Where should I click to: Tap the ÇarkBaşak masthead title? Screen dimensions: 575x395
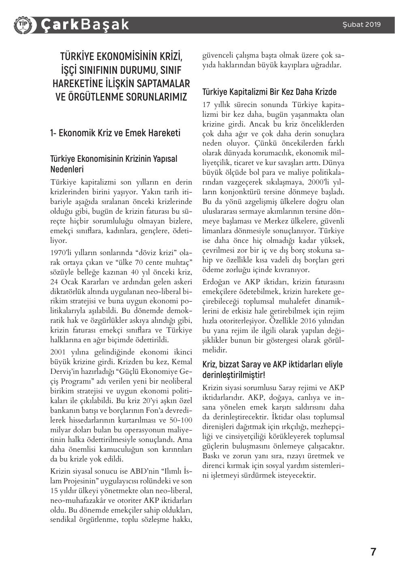85,25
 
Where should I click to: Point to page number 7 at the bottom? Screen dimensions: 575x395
373,552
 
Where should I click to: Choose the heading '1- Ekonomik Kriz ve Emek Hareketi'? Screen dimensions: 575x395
115,133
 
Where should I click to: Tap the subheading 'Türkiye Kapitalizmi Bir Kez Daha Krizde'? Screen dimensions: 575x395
269,92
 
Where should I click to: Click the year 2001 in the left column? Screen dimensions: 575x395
58,352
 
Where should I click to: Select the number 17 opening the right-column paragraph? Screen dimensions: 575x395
207,104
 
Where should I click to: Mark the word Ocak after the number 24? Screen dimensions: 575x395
71,282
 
